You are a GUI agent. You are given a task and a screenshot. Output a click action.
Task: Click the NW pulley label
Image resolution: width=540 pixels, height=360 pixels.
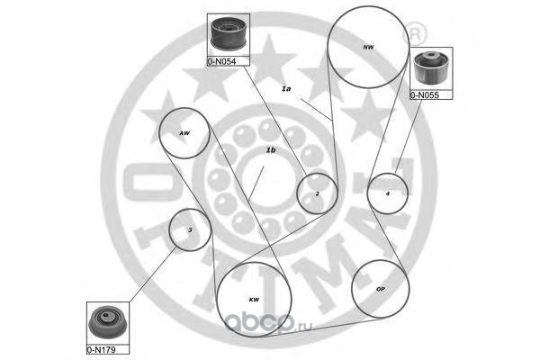[x=368, y=47]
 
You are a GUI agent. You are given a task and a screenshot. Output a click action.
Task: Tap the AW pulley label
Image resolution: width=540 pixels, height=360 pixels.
[x=184, y=133]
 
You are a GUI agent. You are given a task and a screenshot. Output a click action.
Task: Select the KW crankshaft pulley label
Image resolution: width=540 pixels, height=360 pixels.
[x=254, y=300]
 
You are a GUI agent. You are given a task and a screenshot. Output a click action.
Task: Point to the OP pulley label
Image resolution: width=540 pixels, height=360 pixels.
[x=380, y=289]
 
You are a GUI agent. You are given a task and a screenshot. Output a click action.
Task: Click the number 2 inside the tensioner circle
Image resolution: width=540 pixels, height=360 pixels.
[x=317, y=193]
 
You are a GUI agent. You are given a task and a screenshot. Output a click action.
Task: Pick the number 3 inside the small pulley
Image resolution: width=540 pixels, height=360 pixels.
[x=190, y=230]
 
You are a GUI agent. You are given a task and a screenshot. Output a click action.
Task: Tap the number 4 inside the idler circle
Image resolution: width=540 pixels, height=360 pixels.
[x=387, y=193]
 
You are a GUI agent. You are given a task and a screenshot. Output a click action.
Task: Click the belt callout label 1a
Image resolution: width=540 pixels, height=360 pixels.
[x=286, y=89]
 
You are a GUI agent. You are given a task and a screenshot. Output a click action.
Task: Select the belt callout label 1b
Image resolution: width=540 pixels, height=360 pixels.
[x=271, y=150]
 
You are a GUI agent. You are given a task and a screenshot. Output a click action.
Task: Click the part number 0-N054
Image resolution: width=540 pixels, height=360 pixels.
[x=221, y=62]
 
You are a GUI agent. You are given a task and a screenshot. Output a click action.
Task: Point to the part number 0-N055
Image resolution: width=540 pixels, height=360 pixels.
[x=425, y=95]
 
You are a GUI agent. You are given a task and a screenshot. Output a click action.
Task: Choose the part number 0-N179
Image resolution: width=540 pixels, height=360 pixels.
[x=101, y=350]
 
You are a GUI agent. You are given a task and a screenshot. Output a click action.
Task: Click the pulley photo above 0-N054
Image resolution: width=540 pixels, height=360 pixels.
[x=228, y=34]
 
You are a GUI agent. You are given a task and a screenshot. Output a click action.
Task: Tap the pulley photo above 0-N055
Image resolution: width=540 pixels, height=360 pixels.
[x=431, y=67]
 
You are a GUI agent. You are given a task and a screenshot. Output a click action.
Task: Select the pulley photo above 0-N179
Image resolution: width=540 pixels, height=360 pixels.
[x=107, y=323]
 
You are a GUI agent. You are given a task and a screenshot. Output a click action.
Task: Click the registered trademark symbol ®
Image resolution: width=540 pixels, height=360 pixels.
[x=415, y=34]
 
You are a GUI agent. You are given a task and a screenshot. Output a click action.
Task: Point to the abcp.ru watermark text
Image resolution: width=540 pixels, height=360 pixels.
[x=268, y=324]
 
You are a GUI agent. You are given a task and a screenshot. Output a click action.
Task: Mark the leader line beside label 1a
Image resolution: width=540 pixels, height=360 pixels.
[x=317, y=110]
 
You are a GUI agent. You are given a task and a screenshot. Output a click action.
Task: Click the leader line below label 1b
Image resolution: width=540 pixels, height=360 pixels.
[x=256, y=184]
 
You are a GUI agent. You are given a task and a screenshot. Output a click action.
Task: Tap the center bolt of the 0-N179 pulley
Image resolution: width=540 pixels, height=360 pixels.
[x=105, y=317]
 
